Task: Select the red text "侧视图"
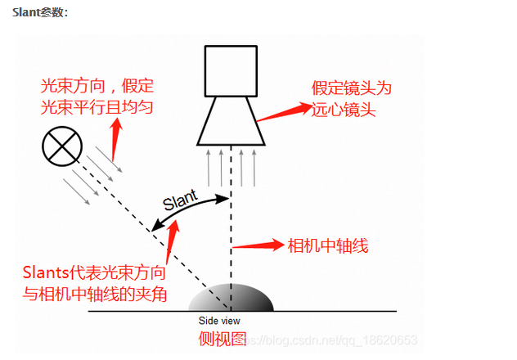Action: tap(223, 338)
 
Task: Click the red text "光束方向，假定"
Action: tap(97, 86)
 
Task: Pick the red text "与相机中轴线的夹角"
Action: tap(95, 293)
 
